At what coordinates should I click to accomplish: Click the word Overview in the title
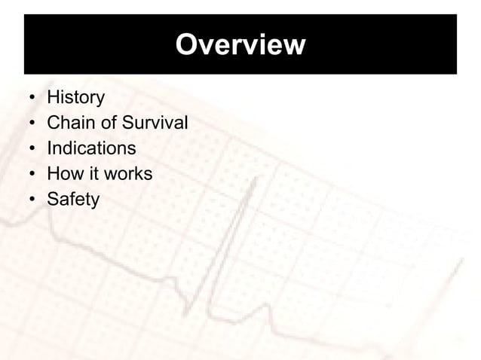pyautogui.click(x=240, y=45)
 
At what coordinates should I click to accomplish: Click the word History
pyautogui.click(x=75, y=98)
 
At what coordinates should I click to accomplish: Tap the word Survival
pyautogui.click(x=156, y=124)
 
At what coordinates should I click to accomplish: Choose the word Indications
pyautogui.click(x=91, y=148)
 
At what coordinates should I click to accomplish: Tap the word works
pyautogui.click(x=127, y=174)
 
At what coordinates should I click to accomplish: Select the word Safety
pyautogui.click(x=72, y=200)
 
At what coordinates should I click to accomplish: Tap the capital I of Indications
pyautogui.click(x=49, y=148)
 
